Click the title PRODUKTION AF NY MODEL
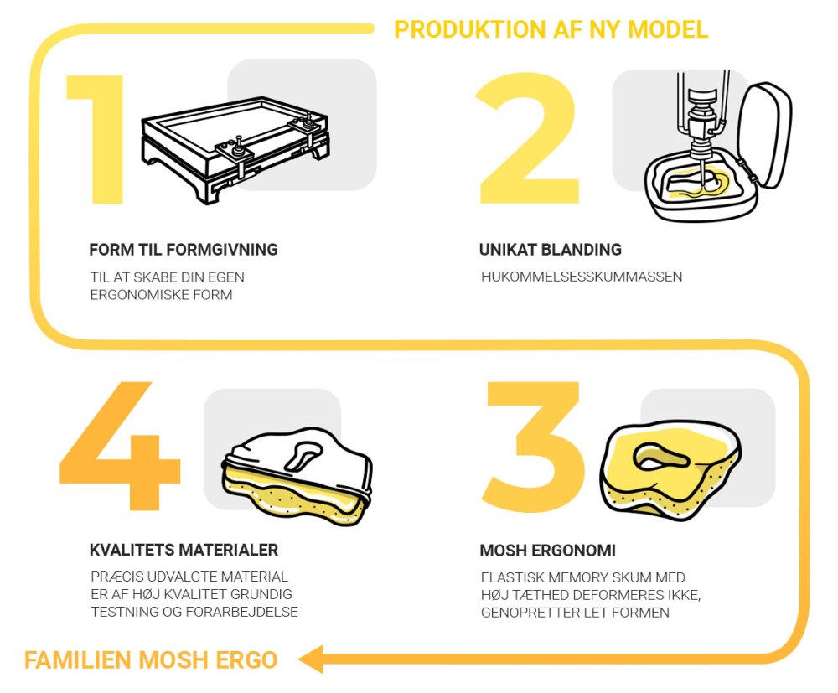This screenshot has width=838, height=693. [551, 30]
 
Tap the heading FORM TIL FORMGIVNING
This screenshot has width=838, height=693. [184, 250]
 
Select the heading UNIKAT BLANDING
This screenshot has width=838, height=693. [550, 250]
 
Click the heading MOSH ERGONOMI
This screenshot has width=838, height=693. [547, 551]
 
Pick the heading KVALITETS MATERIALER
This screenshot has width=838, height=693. [184, 550]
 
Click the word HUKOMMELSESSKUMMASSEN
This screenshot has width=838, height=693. [582, 277]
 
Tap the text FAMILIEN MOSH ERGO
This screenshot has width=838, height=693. [151, 659]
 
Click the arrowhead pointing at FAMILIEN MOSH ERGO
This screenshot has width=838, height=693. [311, 659]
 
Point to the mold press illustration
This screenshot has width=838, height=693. [235, 150]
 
